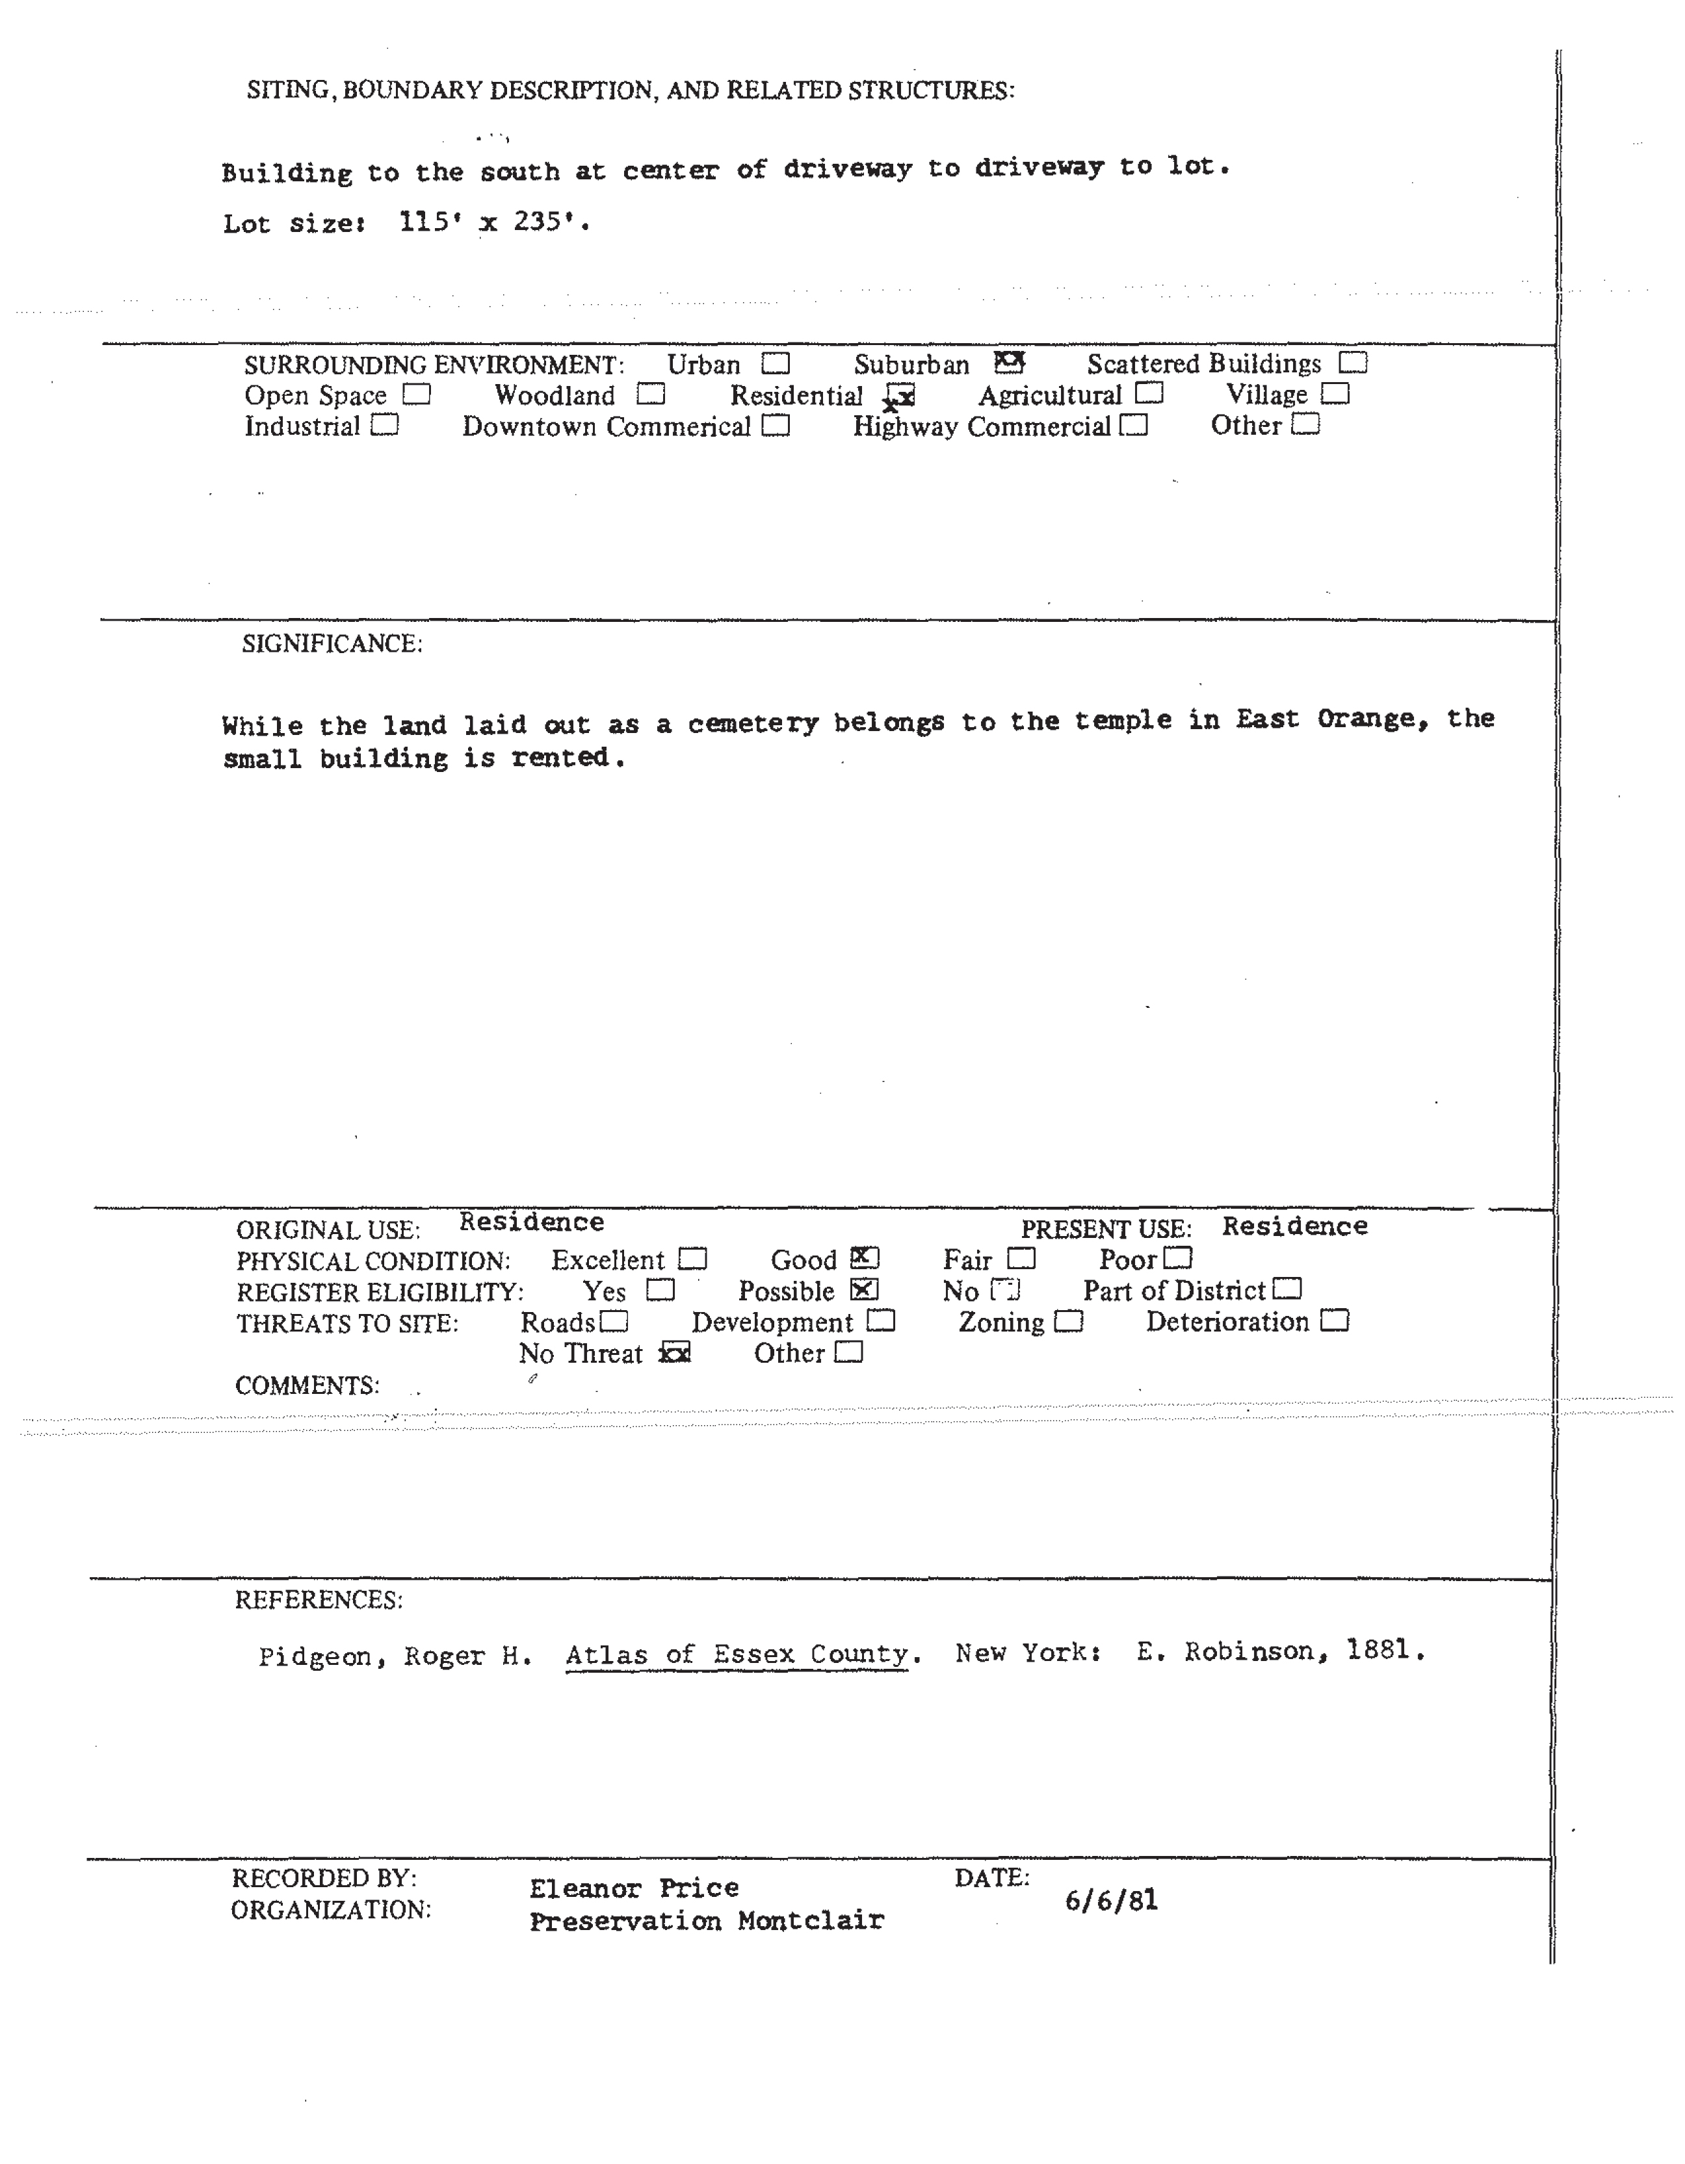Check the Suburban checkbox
coord(1009,362)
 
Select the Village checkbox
coord(1335,393)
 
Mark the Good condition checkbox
coord(865,1257)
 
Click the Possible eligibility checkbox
coord(865,1289)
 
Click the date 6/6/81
coord(1111,1900)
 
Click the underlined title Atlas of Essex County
coord(737,1654)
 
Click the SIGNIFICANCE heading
coord(332,644)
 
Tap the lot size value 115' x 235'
coord(493,222)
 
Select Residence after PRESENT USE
coord(1294,1226)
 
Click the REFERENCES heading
coord(318,1599)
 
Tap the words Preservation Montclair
coord(706,1920)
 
